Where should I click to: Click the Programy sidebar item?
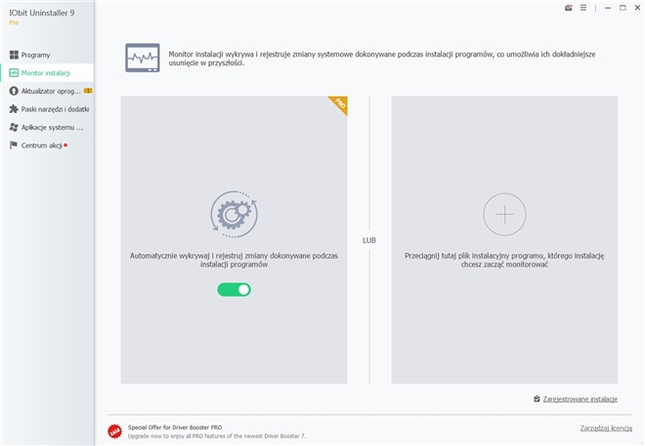coord(29,55)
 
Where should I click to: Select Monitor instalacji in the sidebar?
coord(39,72)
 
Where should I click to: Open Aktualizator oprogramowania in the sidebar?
coord(45,91)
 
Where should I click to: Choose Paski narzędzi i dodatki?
coord(49,109)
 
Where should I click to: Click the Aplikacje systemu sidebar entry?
coord(46,127)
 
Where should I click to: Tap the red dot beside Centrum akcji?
coord(65,145)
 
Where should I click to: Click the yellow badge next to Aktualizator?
coord(88,91)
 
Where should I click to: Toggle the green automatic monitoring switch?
coord(235,290)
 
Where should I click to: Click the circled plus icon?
coord(504,215)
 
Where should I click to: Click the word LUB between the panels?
coord(369,240)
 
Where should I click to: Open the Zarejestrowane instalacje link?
coord(580,399)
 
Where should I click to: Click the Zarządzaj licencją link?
coord(606,427)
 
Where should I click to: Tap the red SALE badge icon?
coord(114,431)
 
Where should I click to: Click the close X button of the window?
coord(637,8)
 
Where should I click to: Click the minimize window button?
coord(608,8)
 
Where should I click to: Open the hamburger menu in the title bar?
coord(583,8)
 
